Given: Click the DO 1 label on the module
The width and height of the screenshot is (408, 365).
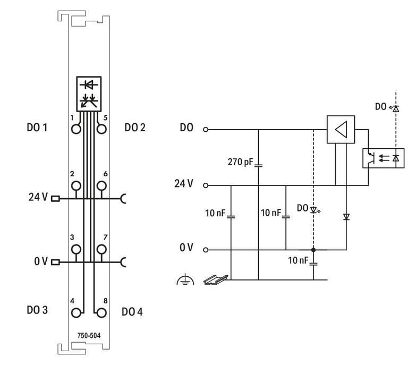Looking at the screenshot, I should (37, 128).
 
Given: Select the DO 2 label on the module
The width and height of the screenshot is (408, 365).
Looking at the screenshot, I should (135, 128).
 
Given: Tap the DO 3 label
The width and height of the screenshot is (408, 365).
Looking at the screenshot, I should (37, 310).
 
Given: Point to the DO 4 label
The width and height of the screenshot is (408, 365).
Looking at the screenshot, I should (132, 311).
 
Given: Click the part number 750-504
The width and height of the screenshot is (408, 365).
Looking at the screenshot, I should (88, 336).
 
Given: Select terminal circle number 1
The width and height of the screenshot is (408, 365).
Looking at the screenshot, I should (76, 128).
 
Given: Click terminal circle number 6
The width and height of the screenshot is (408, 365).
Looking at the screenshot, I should (100, 185).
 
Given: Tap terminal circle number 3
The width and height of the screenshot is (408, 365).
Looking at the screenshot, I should (76, 249).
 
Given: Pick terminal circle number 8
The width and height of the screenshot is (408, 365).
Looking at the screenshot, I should (100, 312).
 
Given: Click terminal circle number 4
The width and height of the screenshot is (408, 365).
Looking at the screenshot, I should (76, 312).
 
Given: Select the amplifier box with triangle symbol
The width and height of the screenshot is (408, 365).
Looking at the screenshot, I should (340, 130).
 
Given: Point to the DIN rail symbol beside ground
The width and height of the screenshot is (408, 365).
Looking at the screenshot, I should (215, 279).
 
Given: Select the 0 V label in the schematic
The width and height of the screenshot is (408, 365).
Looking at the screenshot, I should (186, 249).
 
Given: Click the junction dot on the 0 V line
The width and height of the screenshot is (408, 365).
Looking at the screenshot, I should (313, 249).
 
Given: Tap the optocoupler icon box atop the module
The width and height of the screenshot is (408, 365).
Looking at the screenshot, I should (88, 93).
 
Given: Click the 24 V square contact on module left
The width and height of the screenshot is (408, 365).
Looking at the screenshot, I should (56, 198).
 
